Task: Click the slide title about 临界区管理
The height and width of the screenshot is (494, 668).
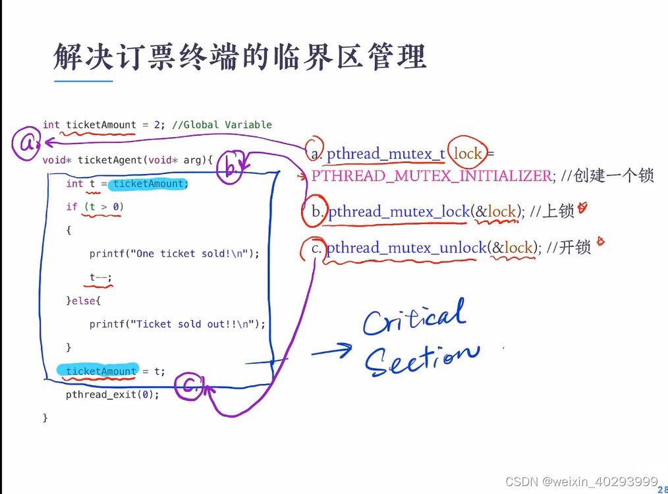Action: pos(240,57)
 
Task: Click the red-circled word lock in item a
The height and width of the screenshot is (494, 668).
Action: pos(468,153)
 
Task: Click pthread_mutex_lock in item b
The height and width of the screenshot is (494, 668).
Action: pos(399,211)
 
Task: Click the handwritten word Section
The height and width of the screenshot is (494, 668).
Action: pos(422,358)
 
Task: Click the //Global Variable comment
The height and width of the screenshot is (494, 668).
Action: pos(221,124)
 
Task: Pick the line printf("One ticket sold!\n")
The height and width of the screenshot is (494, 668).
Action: pos(174,254)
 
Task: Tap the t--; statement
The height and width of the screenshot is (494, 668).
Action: pos(101,277)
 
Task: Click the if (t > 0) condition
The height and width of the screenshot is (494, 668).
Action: pos(95,207)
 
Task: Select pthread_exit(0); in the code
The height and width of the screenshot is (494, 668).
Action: pos(112,395)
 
